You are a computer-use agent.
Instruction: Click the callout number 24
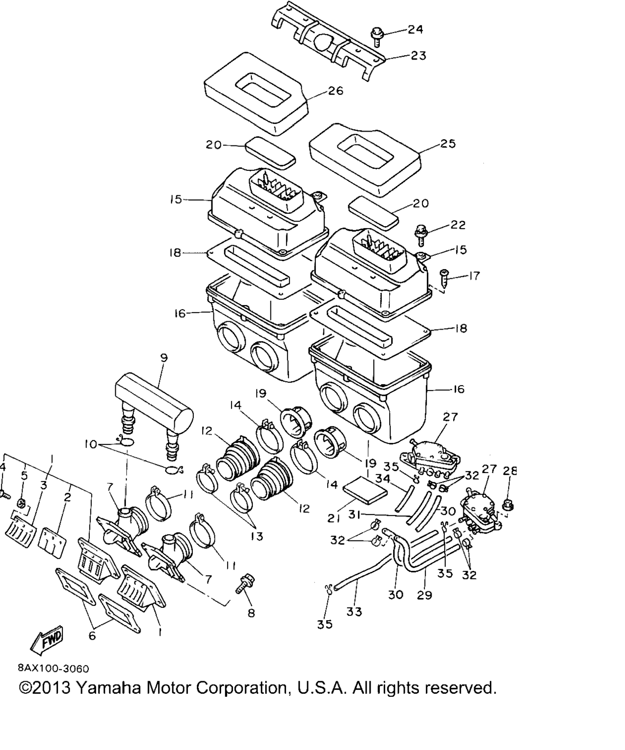(x=416, y=29)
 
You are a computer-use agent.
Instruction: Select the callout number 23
(x=418, y=56)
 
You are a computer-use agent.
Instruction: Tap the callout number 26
(x=335, y=91)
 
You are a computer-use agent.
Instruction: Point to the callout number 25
(x=447, y=144)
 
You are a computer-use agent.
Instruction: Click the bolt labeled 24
(x=377, y=36)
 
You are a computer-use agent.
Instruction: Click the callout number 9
(x=164, y=358)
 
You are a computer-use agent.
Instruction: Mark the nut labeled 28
(x=508, y=501)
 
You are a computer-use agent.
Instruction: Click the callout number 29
(x=424, y=595)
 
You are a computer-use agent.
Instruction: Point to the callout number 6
(x=92, y=636)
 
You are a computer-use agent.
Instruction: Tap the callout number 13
(x=256, y=537)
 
